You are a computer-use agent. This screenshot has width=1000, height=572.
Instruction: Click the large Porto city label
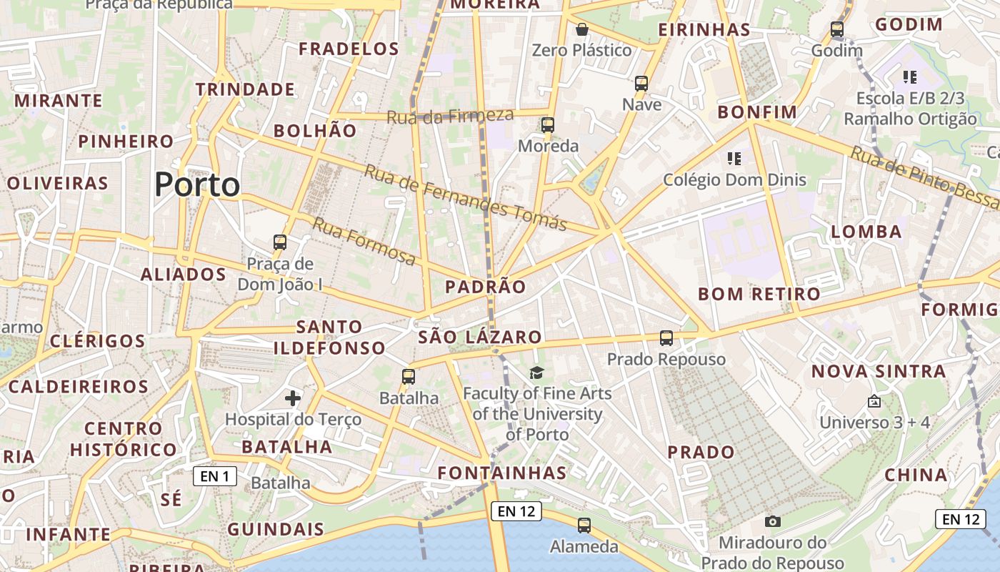click(x=197, y=184)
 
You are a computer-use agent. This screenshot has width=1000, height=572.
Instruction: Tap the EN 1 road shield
click(x=215, y=476)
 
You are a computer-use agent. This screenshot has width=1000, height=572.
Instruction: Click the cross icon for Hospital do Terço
click(x=293, y=398)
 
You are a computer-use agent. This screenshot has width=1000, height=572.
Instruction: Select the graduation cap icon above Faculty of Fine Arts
click(x=536, y=373)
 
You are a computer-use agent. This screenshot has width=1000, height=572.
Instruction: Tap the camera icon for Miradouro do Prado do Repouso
click(x=772, y=522)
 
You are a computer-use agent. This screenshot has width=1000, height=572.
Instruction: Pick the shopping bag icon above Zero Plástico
click(x=582, y=29)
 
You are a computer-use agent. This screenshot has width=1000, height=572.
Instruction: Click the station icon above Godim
click(x=837, y=30)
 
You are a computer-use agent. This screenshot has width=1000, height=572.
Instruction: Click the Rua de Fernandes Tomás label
click(x=466, y=197)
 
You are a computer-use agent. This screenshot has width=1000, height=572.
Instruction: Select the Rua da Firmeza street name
click(x=450, y=116)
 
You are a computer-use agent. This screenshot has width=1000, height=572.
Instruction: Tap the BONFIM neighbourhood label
click(x=757, y=112)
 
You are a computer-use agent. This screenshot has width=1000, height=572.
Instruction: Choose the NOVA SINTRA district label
click(x=879, y=371)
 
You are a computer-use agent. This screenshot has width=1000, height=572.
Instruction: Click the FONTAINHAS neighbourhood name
click(x=502, y=473)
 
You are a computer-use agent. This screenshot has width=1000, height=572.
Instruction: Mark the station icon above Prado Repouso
click(x=666, y=338)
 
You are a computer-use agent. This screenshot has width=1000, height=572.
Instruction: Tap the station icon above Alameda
click(x=584, y=526)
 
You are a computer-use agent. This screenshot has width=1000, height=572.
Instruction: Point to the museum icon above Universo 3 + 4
click(x=874, y=402)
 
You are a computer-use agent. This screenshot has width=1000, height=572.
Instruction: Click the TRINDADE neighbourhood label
click(x=245, y=89)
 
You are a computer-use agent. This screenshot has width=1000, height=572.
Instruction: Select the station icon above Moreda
click(x=548, y=125)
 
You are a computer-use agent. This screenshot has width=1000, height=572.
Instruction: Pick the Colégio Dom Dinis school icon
click(x=734, y=159)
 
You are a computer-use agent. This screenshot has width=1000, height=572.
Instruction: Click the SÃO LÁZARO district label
click(x=480, y=337)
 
